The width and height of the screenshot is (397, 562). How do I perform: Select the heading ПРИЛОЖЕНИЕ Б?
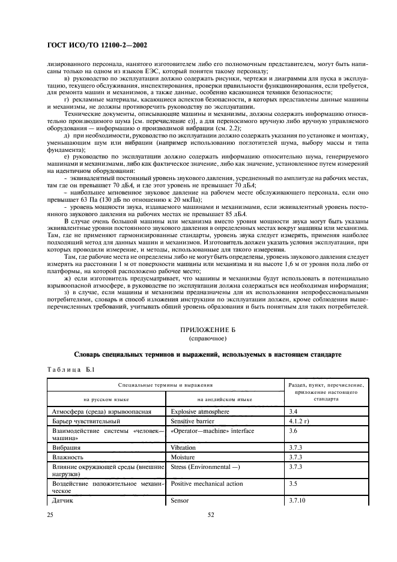click(x=207, y=330)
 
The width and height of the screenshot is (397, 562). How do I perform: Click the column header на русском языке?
click(x=106, y=399)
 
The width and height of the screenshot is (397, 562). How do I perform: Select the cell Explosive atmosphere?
click(x=200, y=412)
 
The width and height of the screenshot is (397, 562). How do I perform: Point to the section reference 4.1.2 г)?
click(x=300, y=422)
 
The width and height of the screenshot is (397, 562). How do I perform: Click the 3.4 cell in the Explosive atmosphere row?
click(x=294, y=412)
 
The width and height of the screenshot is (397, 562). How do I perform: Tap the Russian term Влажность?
click(x=68, y=457)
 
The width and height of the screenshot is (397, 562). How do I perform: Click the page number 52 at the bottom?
click(x=211, y=515)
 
